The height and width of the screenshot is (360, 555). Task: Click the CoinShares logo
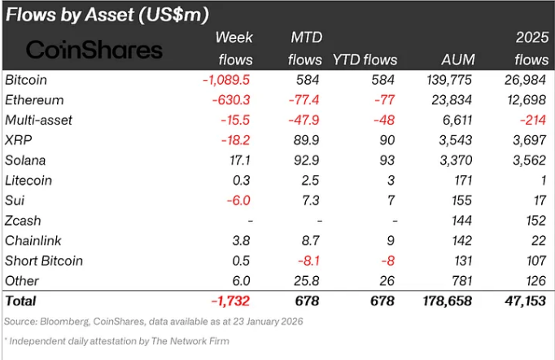(x=94, y=50)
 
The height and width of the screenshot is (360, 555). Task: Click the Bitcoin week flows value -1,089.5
(x=225, y=80)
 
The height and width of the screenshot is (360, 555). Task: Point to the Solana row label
(x=26, y=160)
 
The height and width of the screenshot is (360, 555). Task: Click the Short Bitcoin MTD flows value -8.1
(x=308, y=261)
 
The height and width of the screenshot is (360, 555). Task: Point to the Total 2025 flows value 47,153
(x=527, y=301)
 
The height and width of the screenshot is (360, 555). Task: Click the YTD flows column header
(x=364, y=59)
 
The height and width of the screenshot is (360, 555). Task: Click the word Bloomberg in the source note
(x=66, y=321)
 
